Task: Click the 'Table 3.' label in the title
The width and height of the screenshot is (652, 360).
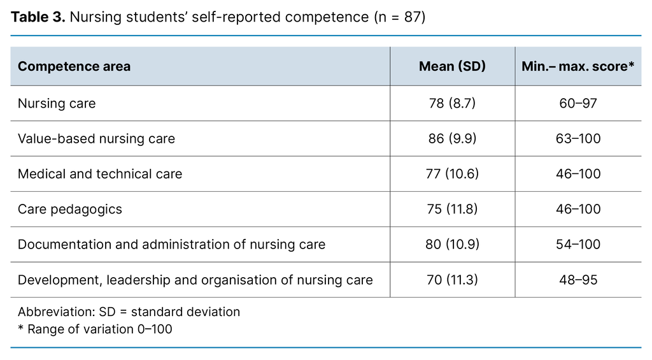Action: tap(38, 17)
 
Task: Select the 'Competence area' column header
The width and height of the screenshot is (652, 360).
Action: tap(74, 66)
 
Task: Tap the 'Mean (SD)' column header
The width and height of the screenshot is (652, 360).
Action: tap(452, 66)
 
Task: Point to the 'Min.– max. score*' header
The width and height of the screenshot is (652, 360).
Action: tap(578, 66)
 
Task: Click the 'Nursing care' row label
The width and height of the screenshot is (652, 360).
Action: tap(57, 103)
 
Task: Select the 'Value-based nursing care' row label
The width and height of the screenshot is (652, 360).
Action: tap(96, 138)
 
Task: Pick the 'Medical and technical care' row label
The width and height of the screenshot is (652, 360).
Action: tap(100, 174)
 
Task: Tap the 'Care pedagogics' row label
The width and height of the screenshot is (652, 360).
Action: tap(70, 209)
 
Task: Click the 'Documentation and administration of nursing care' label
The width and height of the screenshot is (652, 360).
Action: tap(171, 244)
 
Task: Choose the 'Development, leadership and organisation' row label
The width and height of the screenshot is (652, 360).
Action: tap(195, 280)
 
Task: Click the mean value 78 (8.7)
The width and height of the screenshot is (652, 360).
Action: tap(452, 103)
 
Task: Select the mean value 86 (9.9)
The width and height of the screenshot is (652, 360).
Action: tap(452, 138)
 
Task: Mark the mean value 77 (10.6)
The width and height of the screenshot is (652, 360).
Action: tap(452, 174)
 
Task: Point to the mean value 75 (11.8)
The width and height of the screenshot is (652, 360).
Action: tap(452, 209)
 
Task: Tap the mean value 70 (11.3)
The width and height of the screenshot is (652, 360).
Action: tap(452, 280)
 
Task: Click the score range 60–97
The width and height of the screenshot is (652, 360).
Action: tap(578, 103)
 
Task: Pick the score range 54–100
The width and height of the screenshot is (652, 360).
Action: tap(578, 244)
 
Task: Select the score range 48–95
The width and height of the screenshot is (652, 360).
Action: tap(578, 280)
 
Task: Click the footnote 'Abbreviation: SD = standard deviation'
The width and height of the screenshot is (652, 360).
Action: tap(129, 312)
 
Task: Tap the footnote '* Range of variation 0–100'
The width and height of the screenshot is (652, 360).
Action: tap(95, 329)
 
